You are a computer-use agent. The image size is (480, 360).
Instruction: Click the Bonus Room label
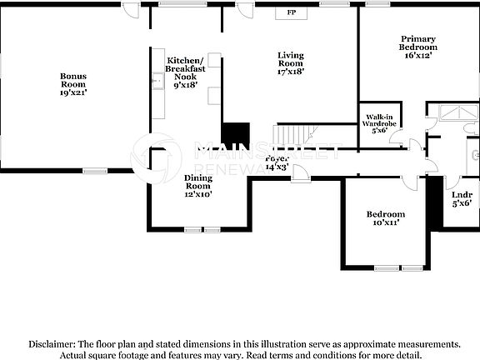pos(73,80)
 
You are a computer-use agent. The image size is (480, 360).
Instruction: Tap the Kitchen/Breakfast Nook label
pos(184,72)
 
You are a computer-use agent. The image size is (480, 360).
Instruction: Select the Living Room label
pos(290,63)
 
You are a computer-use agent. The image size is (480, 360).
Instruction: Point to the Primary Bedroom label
pos(417,47)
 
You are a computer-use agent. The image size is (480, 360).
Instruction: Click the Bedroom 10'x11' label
pos(386,218)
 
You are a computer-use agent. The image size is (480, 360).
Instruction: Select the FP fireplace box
pos(292,12)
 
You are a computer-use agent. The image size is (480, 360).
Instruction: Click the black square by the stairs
pos(236,134)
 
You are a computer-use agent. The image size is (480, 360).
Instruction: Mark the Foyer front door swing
pos(300,173)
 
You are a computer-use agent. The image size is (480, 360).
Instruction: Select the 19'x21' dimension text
pos(73,92)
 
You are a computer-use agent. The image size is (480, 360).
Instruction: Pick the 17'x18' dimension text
pos(290,72)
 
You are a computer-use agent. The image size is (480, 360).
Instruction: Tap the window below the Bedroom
pos(387,267)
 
